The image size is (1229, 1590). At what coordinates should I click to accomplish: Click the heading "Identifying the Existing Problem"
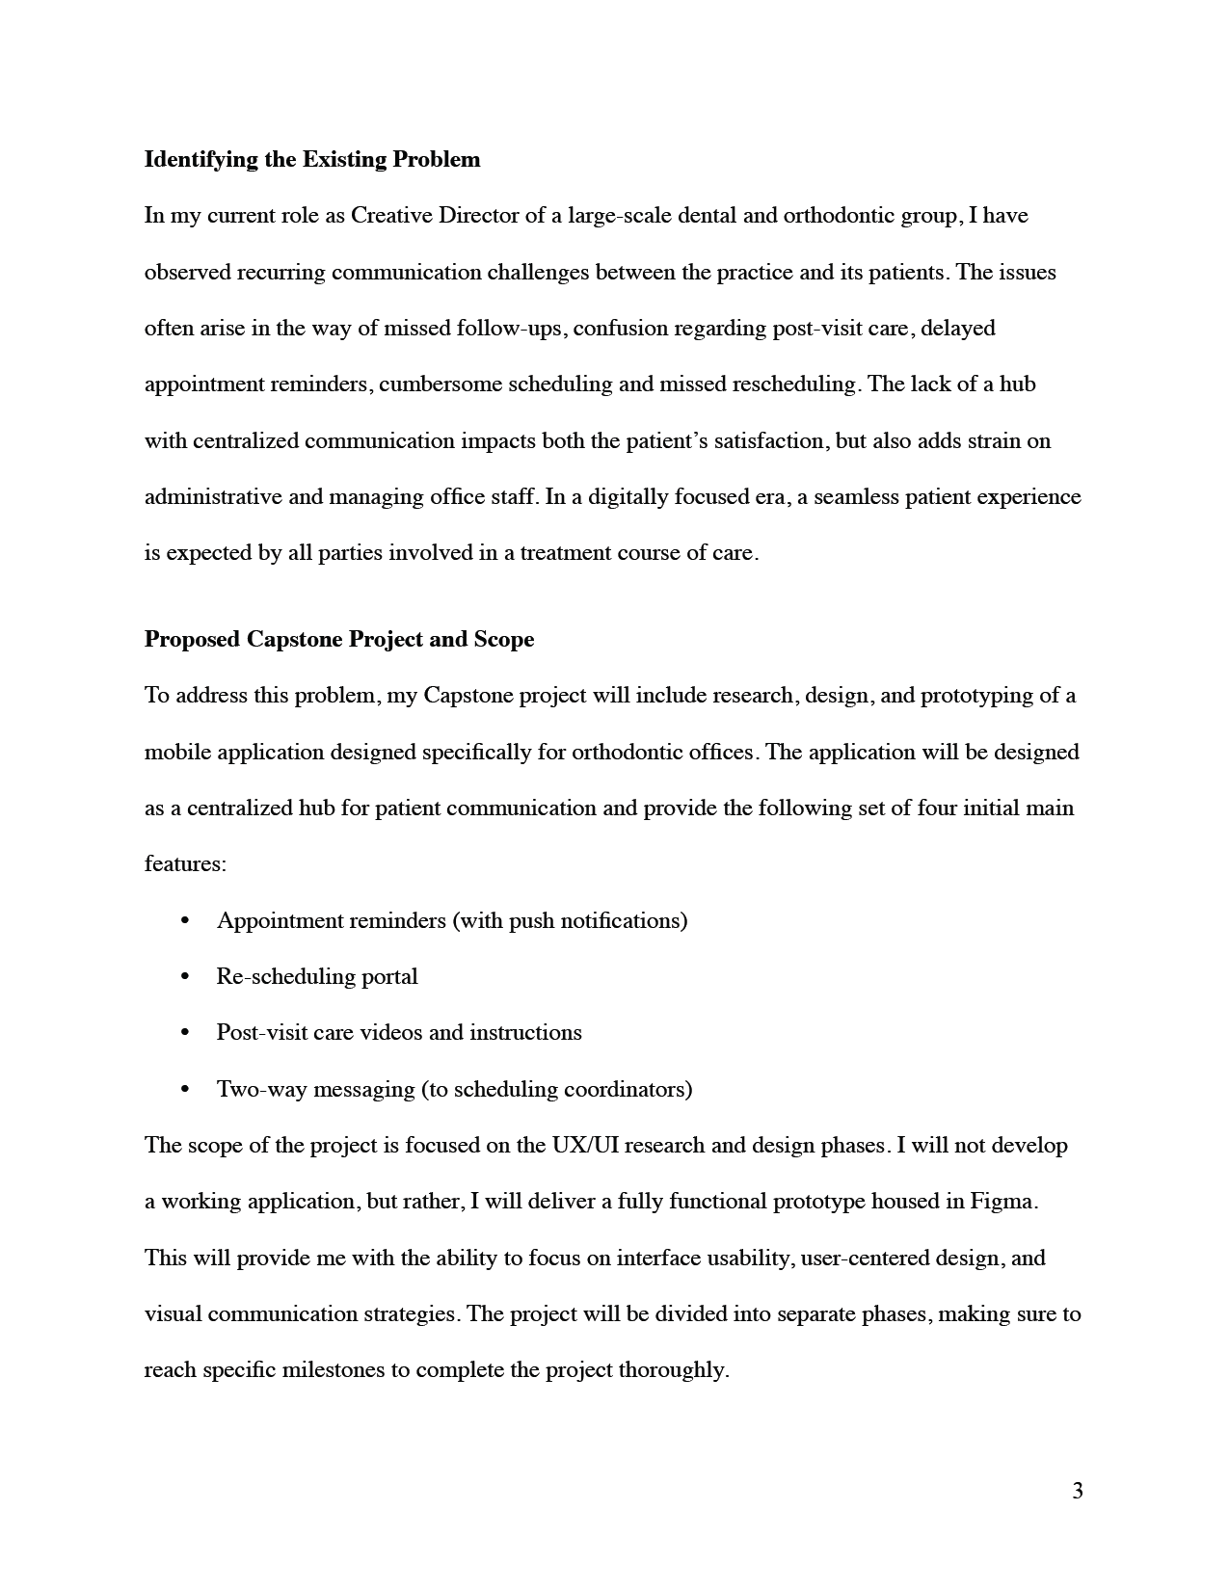click(312, 159)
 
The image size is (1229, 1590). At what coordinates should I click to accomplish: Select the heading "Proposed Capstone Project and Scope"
click(339, 639)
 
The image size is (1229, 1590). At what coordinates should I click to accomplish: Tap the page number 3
click(1077, 1491)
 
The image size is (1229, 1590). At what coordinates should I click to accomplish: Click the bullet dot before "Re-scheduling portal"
click(185, 977)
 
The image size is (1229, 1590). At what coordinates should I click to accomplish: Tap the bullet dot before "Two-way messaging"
click(185, 1090)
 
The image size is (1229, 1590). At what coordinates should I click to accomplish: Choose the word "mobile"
click(177, 752)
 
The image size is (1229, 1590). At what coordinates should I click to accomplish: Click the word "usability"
click(751, 1258)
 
